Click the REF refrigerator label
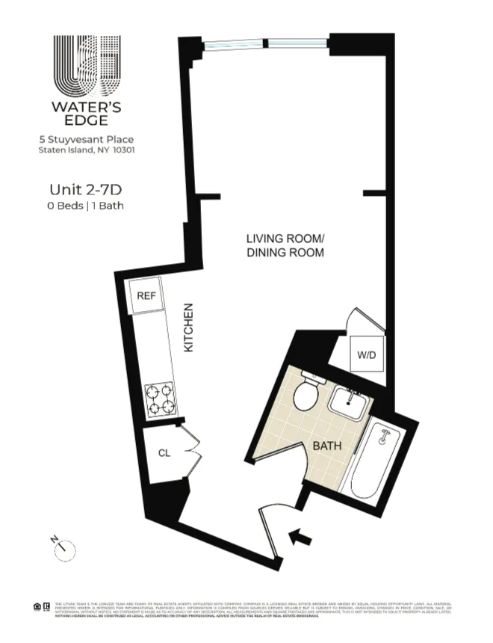pos(146,296)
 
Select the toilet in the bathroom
pos(306,393)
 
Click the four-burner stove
pos(159,399)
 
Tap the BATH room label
pos(326,446)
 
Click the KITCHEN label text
pos(190,328)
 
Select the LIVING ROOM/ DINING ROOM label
pos(285,246)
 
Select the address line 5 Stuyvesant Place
pos(87,139)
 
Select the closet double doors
pos(193,452)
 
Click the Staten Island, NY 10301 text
pos(87,150)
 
